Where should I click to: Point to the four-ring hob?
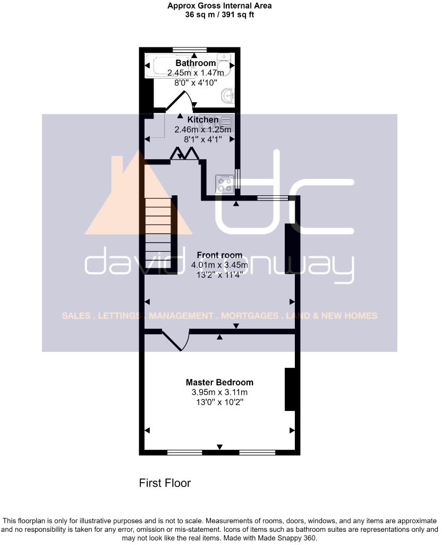tap(224, 184)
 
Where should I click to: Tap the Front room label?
tap(219, 255)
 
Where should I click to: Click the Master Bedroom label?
tap(219, 382)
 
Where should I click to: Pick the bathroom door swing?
tap(181, 101)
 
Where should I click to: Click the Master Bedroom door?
tap(175, 341)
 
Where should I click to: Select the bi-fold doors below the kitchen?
tap(184, 154)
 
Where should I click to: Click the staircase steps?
tap(158, 234)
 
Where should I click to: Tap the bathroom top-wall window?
tap(190, 50)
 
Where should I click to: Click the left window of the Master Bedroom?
tap(184, 452)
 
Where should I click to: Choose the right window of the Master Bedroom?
tap(257, 452)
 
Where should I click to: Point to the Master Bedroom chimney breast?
tap(290, 389)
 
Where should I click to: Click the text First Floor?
tap(165, 483)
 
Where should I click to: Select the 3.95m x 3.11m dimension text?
tap(219, 393)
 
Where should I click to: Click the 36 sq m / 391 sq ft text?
tap(219, 15)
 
